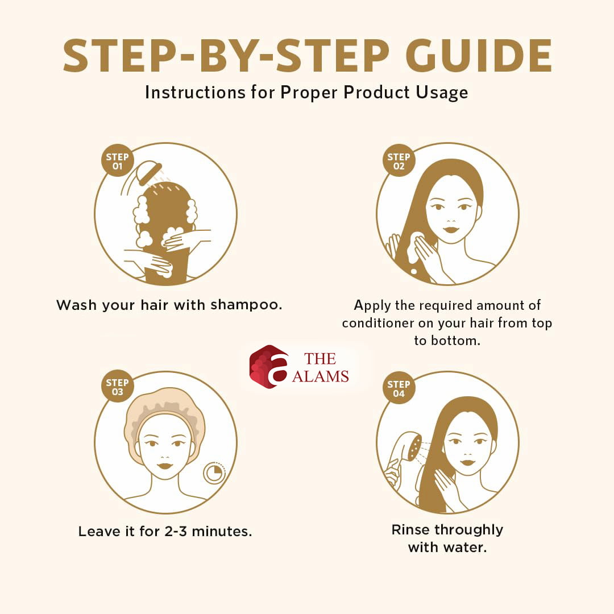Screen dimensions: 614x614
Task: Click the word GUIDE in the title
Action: tap(479, 55)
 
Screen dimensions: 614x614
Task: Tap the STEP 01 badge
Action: tap(118, 160)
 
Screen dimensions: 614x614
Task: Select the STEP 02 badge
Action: tap(399, 160)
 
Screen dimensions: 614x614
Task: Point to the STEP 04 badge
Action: tap(399, 388)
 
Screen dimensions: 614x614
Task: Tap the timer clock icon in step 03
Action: tap(214, 473)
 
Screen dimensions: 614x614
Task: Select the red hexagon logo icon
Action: tap(268, 367)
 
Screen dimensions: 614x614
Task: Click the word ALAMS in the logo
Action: tap(320, 377)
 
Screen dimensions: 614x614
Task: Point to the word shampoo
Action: tap(246, 305)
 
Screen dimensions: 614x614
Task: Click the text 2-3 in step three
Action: tap(176, 532)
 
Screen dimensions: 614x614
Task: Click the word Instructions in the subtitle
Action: tap(196, 93)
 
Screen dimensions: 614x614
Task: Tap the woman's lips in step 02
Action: tap(451, 230)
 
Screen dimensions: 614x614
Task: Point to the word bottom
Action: tap(455, 341)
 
